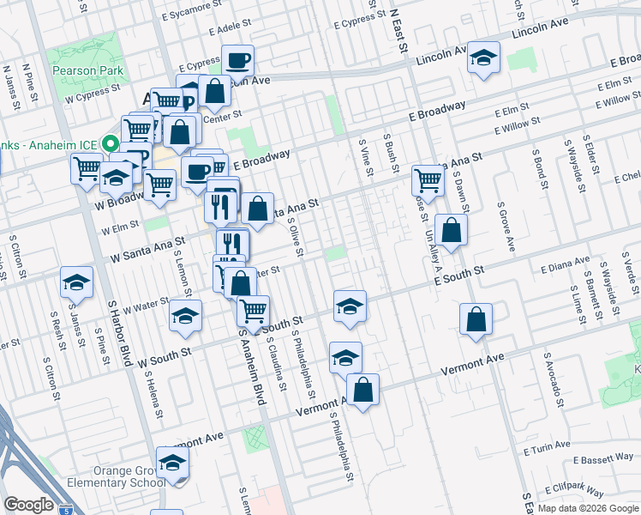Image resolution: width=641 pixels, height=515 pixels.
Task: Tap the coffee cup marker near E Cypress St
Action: point(237,61)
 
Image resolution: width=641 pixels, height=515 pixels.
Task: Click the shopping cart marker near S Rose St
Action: point(428,179)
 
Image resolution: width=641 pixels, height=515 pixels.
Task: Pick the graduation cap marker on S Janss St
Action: point(76,282)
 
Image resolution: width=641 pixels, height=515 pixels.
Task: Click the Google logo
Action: point(28,505)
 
